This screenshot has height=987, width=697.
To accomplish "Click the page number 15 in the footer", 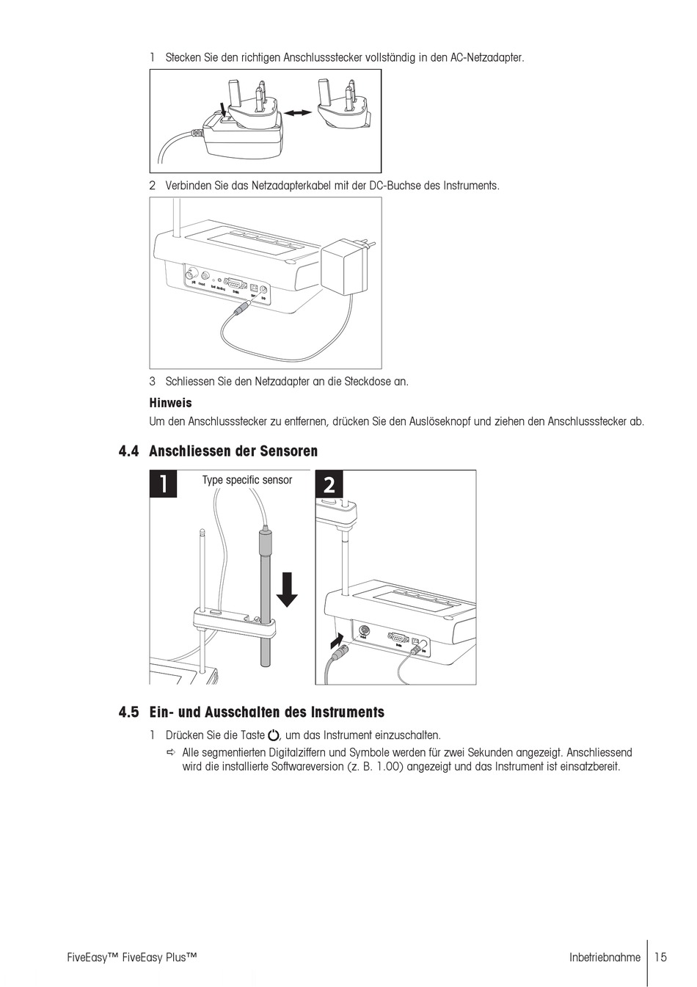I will point(661,957).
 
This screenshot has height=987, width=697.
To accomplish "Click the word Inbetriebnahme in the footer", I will point(604,957).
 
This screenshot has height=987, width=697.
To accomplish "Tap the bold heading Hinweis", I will point(170,403).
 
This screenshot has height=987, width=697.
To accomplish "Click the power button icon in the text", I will point(274,735).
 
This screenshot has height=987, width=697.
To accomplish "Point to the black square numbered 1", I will point(164,484).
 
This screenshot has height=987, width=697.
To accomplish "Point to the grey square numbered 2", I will point(329,484).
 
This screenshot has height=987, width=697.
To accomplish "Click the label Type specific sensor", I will point(247,480).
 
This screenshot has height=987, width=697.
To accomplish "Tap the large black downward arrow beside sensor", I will point(287,589).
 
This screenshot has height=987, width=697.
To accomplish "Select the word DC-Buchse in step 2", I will point(395,186).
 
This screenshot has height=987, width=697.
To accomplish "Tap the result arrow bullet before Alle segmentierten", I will point(171,753).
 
